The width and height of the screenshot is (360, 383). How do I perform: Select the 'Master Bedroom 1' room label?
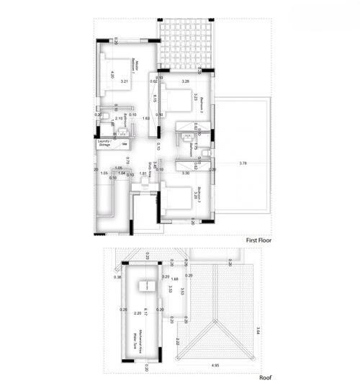136,71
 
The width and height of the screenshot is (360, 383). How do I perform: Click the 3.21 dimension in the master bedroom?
124,81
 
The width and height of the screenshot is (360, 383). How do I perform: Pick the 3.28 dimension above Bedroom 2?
185,81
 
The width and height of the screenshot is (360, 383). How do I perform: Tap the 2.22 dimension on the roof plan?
177,341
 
